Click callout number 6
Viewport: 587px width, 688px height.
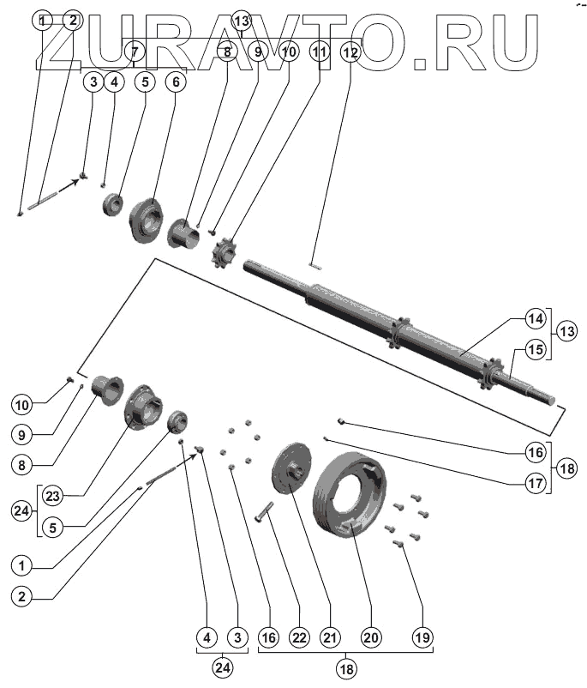[176, 82]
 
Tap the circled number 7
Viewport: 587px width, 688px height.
[134, 51]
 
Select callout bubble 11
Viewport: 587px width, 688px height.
[320, 52]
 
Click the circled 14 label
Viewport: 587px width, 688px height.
[536, 319]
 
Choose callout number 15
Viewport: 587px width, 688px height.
[536, 350]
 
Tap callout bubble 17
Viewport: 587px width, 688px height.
[536, 482]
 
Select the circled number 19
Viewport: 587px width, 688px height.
[422, 637]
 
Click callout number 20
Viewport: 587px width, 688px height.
[370, 637]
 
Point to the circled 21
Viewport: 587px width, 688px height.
[330, 637]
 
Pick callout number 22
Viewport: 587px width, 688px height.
[298, 637]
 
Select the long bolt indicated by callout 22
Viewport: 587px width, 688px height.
[263, 514]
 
